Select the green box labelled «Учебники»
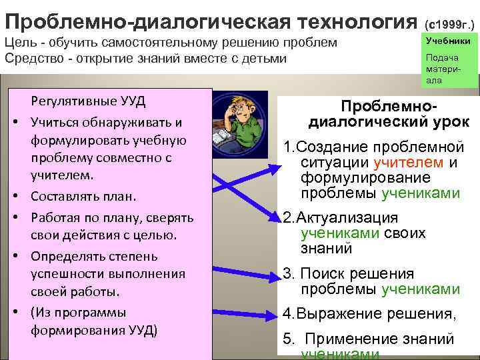(448, 41)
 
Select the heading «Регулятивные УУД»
(88, 103)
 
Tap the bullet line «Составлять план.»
(83, 197)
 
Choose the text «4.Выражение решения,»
(369, 314)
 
